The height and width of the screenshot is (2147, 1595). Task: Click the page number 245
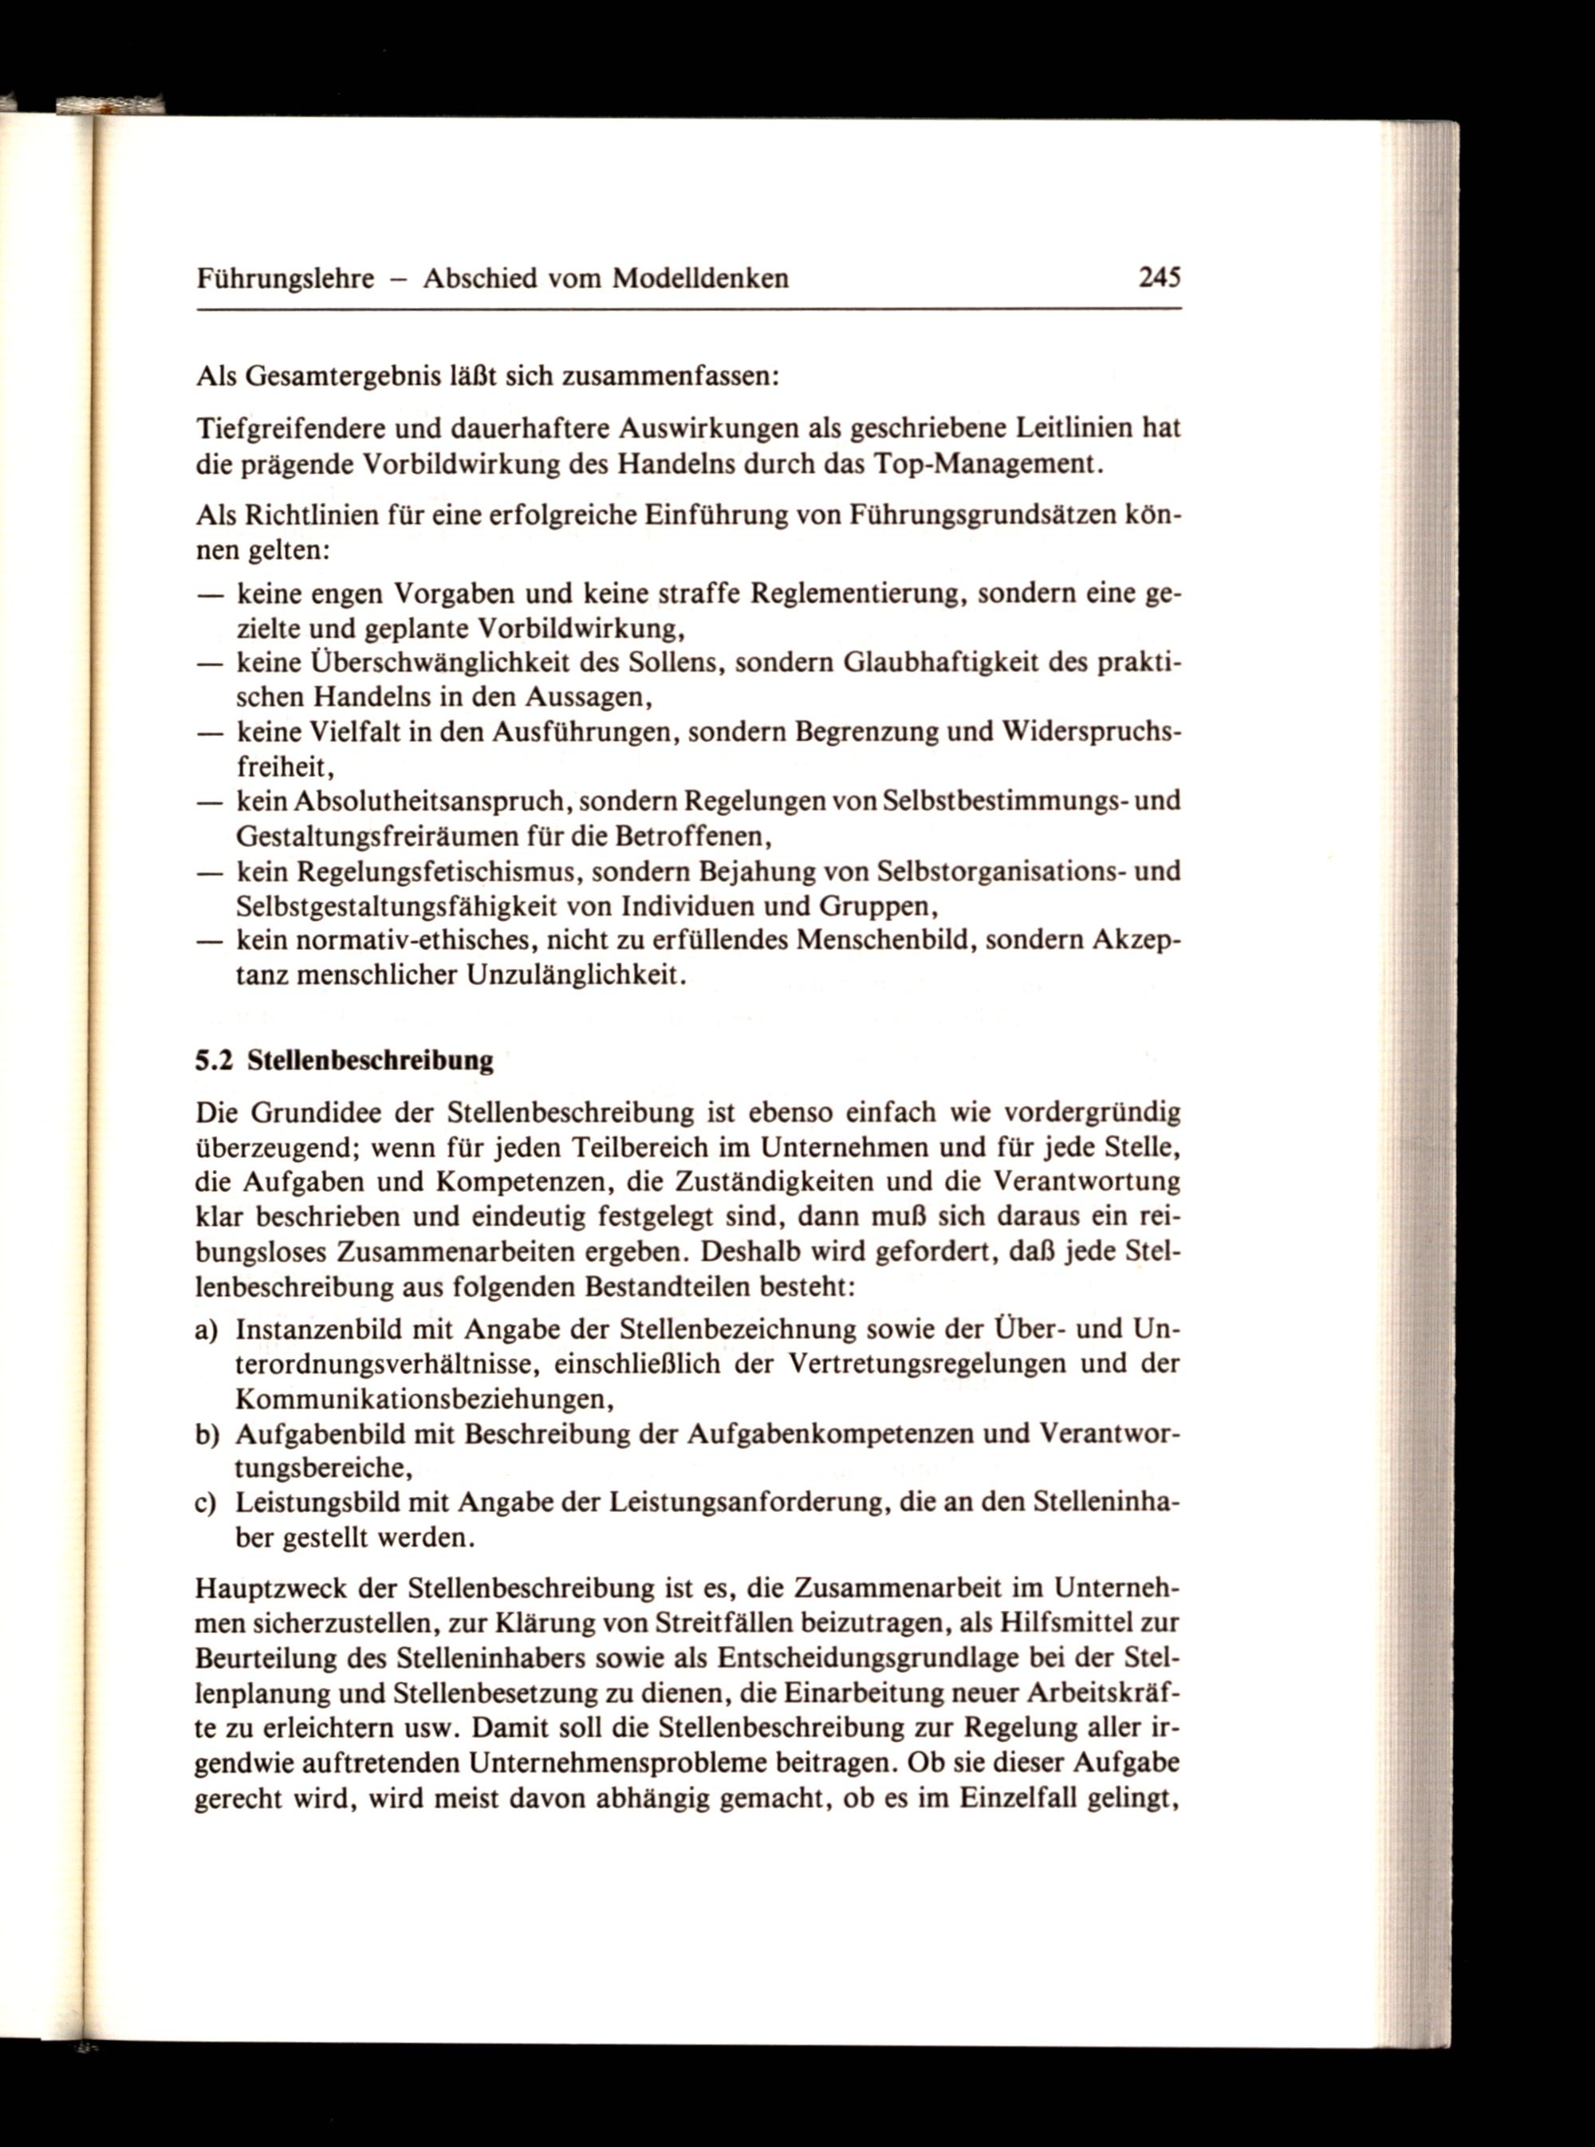(x=1160, y=278)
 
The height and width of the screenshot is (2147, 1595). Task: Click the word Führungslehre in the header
(x=285, y=280)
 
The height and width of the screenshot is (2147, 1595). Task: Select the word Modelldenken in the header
(x=701, y=279)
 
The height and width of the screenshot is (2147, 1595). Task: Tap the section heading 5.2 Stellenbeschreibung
(x=345, y=1062)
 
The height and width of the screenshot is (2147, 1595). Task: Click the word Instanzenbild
(x=315, y=1330)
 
